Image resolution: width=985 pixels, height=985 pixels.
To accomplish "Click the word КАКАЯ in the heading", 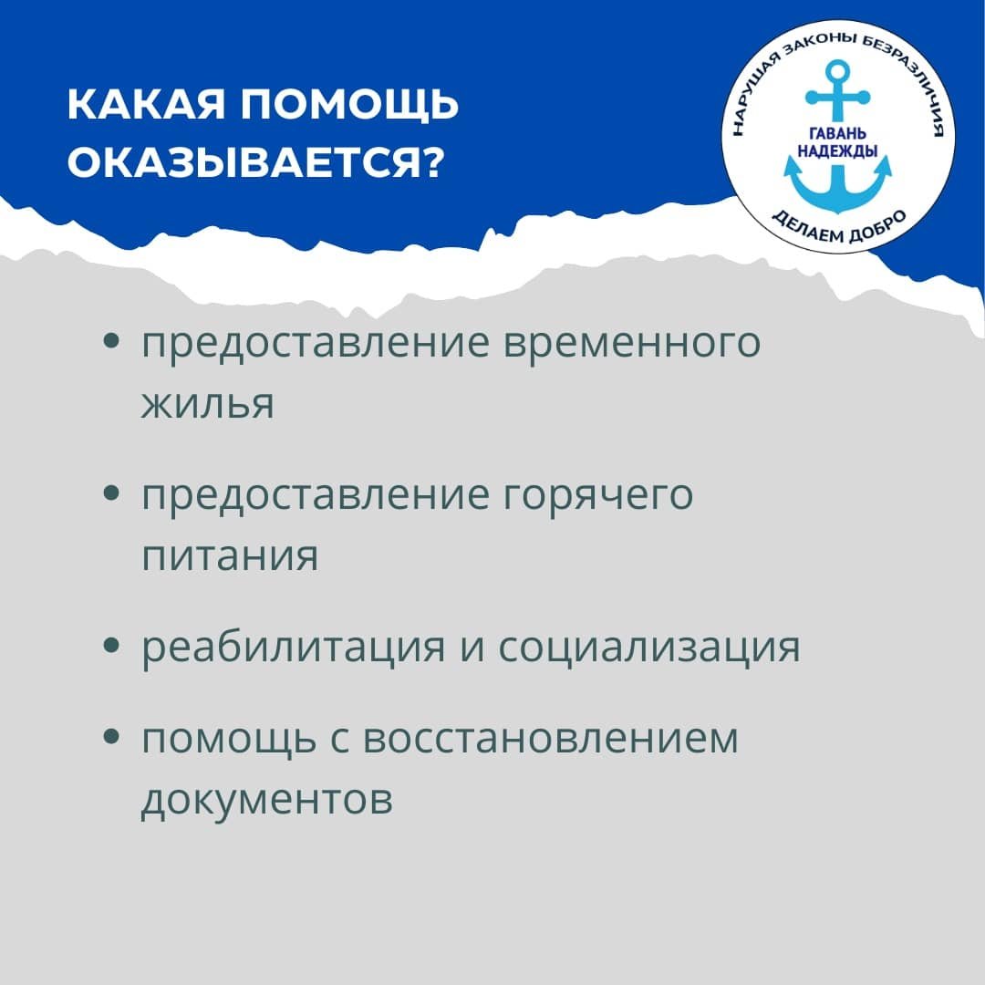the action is pyautogui.click(x=146, y=104).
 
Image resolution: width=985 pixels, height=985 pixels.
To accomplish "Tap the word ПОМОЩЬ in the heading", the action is pyautogui.click(x=350, y=105).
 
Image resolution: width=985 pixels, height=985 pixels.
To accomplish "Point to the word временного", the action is pyautogui.click(x=632, y=343).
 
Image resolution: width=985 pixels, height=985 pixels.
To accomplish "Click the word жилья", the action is pyautogui.click(x=207, y=404).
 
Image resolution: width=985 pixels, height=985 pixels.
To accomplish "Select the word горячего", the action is pyautogui.click(x=598, y=495).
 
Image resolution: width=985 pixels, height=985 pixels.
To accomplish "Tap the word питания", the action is pyautogui.click(x=230, y=556).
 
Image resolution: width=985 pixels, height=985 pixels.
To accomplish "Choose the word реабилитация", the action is pyautogui.click(x=293, y=647).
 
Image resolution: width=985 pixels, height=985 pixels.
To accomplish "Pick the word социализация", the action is pyautogui.click(x=649, y=647).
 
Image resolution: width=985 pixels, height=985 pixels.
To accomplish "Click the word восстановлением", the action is pyautogui.click(x=550, y=738).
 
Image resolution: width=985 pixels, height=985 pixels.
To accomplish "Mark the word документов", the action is pyautogui.click(x=267, y=801).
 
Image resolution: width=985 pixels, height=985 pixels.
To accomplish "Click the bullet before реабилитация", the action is pyautogui.click(x=110, y=645).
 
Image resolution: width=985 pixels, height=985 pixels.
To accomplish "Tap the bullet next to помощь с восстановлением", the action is pyautogui.click(x=110, y=736).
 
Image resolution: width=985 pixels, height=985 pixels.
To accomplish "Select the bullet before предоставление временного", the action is pyautogui.click(x=110, y=341).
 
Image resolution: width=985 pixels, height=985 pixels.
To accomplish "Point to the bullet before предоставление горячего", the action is pyautogui.click(x=110, y=493).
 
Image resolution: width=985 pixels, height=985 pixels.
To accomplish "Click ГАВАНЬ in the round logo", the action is pyautogui.click(x=837, y=134).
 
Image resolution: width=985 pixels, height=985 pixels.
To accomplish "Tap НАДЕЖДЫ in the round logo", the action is pyautogui.click(x=837, y=150).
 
